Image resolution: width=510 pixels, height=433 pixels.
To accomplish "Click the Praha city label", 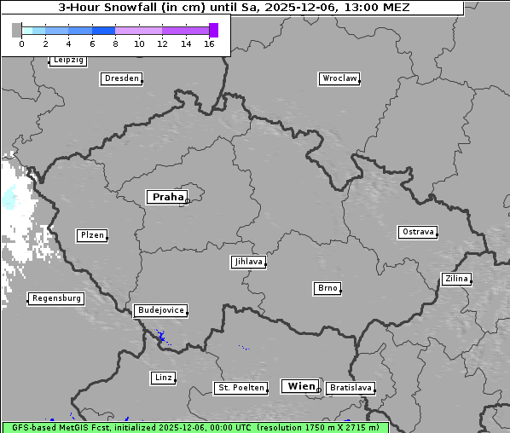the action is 167,197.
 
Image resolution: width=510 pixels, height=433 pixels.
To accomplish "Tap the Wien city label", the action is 300,386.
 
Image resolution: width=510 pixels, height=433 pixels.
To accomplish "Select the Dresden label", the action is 120,78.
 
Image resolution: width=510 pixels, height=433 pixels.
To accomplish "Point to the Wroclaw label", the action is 339,78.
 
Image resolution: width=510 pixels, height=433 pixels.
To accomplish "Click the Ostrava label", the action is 417,232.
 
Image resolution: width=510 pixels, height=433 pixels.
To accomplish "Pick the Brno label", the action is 327,288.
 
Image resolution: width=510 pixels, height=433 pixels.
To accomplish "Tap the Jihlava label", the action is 247,262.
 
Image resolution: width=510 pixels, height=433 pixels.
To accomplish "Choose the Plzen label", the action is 91,235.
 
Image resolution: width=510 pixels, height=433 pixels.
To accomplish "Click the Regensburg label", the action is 56,298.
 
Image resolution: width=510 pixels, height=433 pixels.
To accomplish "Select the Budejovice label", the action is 159,310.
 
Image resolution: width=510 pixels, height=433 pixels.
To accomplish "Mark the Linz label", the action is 162,377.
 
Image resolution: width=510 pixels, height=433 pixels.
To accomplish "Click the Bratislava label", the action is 350,388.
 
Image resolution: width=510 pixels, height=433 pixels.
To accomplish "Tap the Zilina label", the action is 455,279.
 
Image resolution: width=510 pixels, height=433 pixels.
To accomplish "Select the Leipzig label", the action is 67,60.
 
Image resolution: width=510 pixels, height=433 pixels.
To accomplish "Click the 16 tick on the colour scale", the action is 209,43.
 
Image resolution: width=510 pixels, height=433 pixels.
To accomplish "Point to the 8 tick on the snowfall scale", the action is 115,43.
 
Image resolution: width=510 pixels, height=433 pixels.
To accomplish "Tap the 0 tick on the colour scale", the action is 21,43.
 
